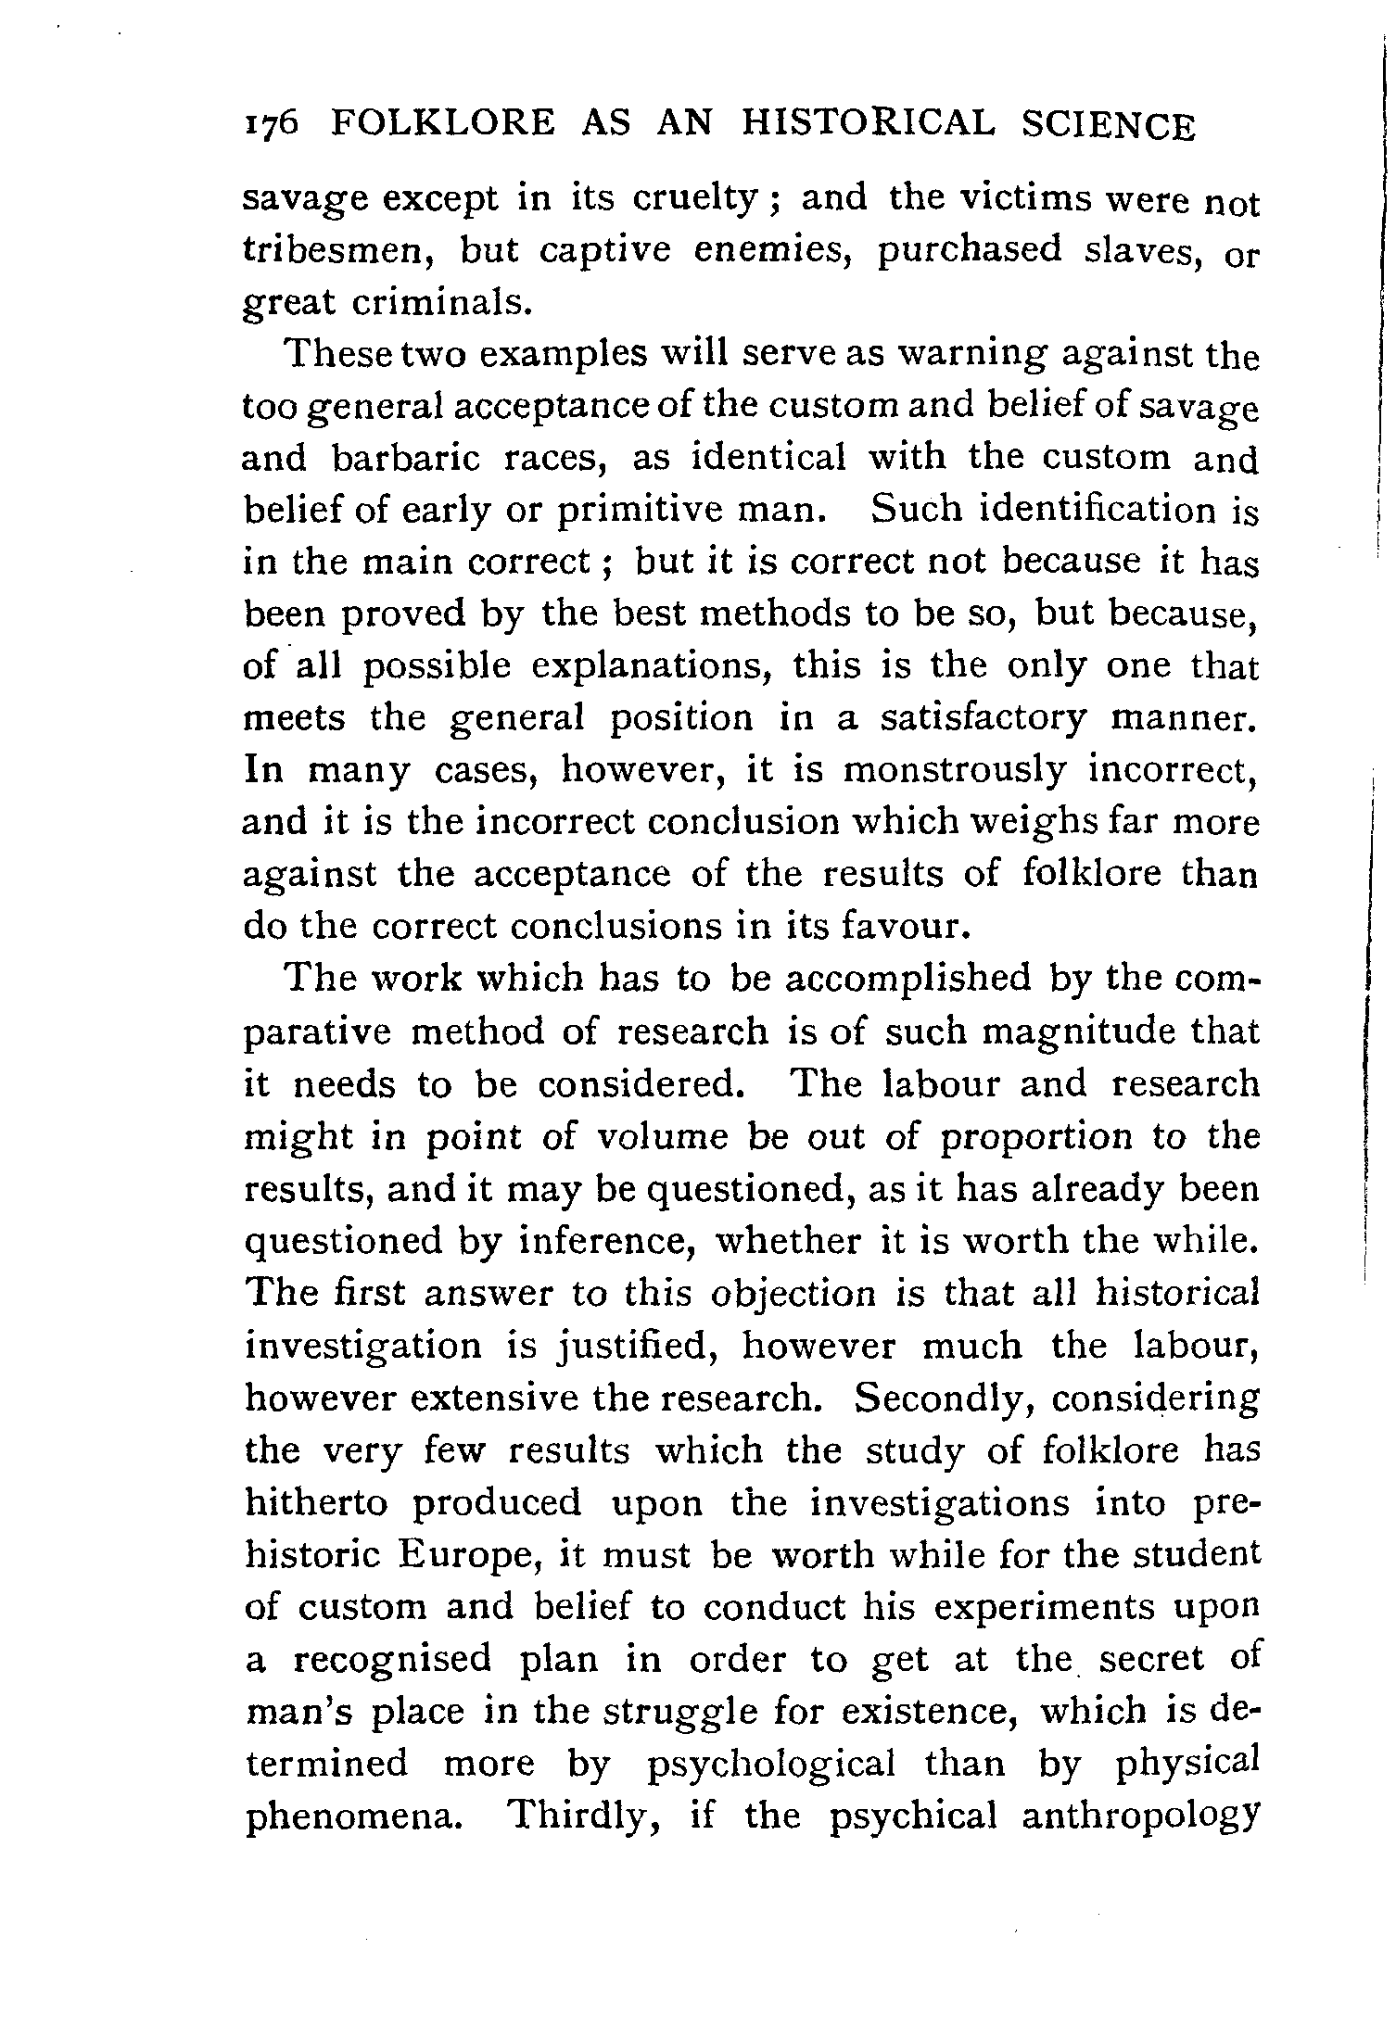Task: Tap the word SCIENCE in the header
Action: (x=1109, y=125)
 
